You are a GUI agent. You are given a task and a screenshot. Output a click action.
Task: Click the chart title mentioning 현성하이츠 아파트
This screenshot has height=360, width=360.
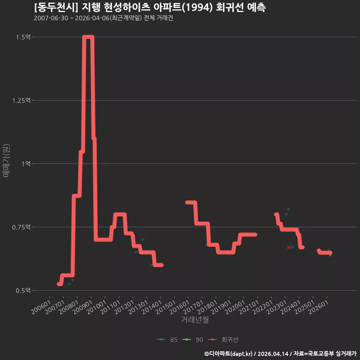coord(150,7)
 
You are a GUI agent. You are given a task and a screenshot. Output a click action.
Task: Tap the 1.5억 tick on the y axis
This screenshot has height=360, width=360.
coord(23,37)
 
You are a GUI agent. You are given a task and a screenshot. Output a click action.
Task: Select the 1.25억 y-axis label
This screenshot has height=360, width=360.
coord(21,100)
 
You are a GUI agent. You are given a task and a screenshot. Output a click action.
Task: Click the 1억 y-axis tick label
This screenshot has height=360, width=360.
coord(26,164)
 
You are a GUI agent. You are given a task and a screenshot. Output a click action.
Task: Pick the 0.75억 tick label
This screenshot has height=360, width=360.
coord(21,227)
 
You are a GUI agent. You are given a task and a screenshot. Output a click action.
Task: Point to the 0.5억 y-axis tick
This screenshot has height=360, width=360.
coord(23,290)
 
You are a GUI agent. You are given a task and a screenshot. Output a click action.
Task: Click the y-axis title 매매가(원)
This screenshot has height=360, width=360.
coord(6,161)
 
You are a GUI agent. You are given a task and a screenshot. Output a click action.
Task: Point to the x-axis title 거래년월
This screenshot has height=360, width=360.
coord(195,319)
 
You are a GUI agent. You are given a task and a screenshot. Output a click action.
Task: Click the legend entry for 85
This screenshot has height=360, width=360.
coord(167,340)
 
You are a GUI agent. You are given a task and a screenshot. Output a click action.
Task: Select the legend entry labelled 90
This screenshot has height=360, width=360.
coord(193,340)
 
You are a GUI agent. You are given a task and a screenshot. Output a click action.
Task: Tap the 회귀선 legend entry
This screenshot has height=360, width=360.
coord(223,340)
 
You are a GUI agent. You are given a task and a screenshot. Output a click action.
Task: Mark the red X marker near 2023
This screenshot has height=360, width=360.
coord(289,247)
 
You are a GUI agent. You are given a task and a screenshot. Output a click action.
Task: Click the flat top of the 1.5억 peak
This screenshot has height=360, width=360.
coord(88,37)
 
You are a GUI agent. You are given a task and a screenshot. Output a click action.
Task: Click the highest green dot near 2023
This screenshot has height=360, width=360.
coord(289,209)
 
